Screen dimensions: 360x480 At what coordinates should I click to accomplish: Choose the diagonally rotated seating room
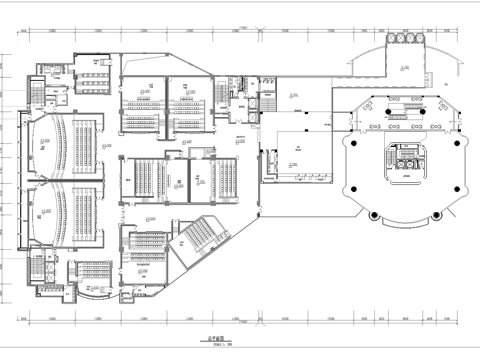(200, 240)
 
